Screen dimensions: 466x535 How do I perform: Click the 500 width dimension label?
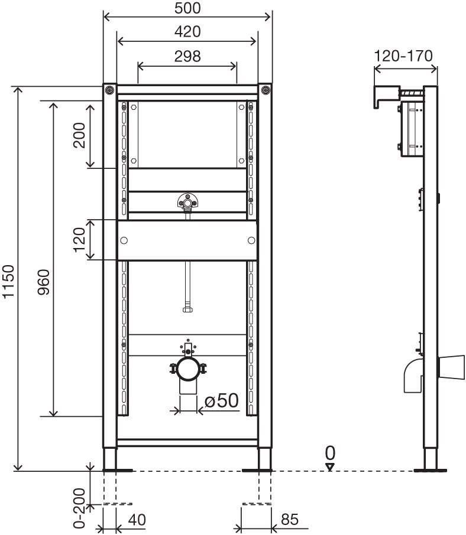coord(187,8)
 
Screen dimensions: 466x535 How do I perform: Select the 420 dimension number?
coord(187,32)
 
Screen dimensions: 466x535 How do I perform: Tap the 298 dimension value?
coord(187,56)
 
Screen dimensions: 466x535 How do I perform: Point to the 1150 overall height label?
coord(8,282)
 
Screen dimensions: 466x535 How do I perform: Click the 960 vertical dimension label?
coord(44,282)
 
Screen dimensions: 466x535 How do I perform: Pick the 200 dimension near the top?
coord(79,135)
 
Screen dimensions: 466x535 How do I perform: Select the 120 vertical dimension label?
coord(79,240)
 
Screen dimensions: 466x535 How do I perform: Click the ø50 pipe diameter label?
coord(221,400)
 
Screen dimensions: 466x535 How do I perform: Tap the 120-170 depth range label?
coord(403,56)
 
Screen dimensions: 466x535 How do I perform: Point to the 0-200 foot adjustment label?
coord(79,508)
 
